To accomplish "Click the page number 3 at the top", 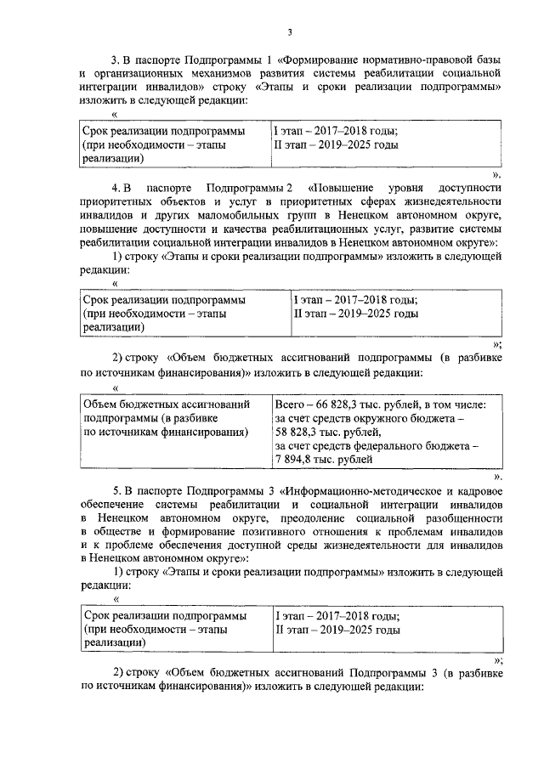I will pyautogui.click(x=289, y=32).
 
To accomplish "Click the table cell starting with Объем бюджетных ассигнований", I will pyautogui.click(x=165, y=418).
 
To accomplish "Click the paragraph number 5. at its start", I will pyautogui.click(x=118, y=492).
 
